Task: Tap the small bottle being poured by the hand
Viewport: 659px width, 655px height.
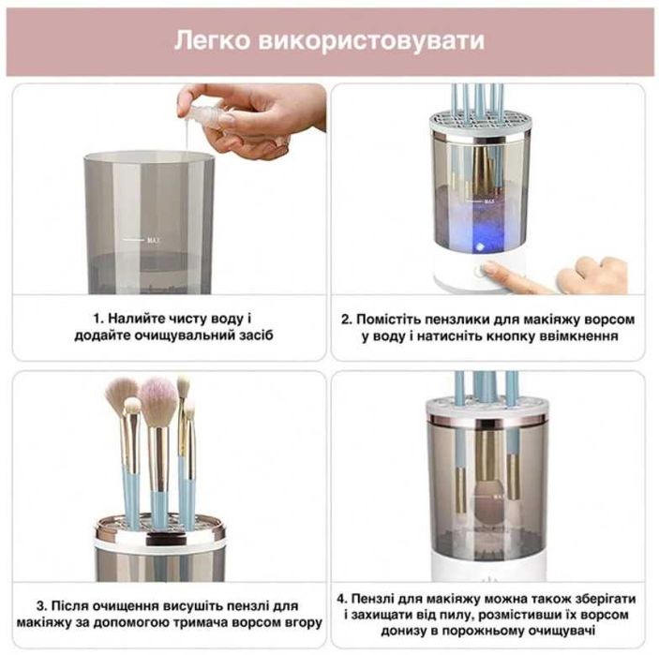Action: [x=208, y=111]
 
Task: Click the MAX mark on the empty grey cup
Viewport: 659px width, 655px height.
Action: [x=155, y=240]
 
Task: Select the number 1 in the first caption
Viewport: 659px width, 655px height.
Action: [x=97, y=319]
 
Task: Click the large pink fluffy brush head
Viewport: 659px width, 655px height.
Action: [x=158, y=398]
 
